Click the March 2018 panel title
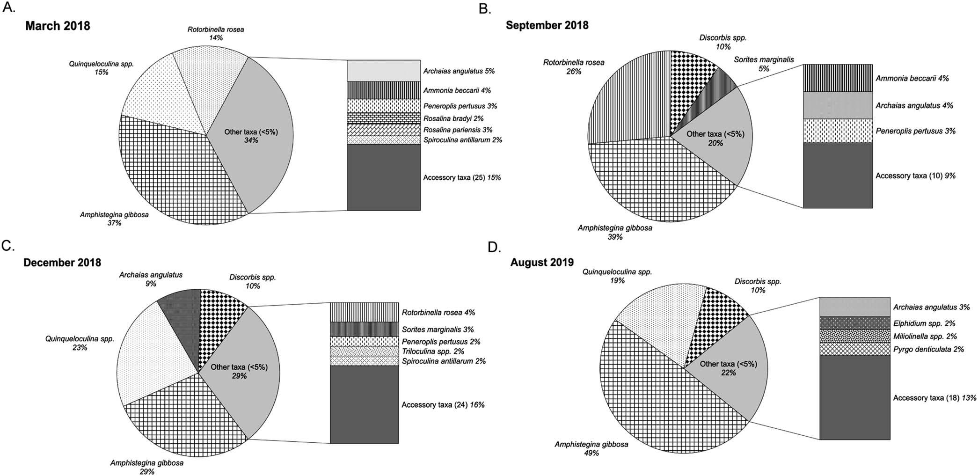click(58, 26)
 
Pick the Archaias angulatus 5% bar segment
click(383, 71)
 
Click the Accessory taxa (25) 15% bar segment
click(383, 177)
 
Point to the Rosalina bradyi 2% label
click(453, 119)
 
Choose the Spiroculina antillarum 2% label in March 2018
click(462, 140)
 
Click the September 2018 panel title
click(547, 25)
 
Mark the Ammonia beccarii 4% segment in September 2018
click(838, 78)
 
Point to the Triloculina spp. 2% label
click(433, 352)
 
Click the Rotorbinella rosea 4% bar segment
click(365, 312)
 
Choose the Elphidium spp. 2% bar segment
click(854, 323)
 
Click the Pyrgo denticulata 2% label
click(928, 349)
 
